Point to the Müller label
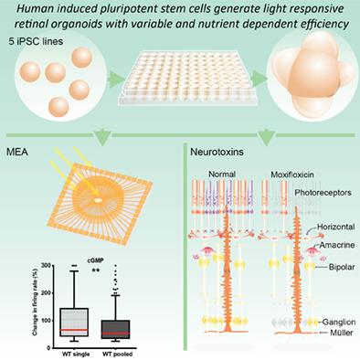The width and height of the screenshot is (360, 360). [336, 335]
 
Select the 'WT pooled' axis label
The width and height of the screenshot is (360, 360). [112, 349]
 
